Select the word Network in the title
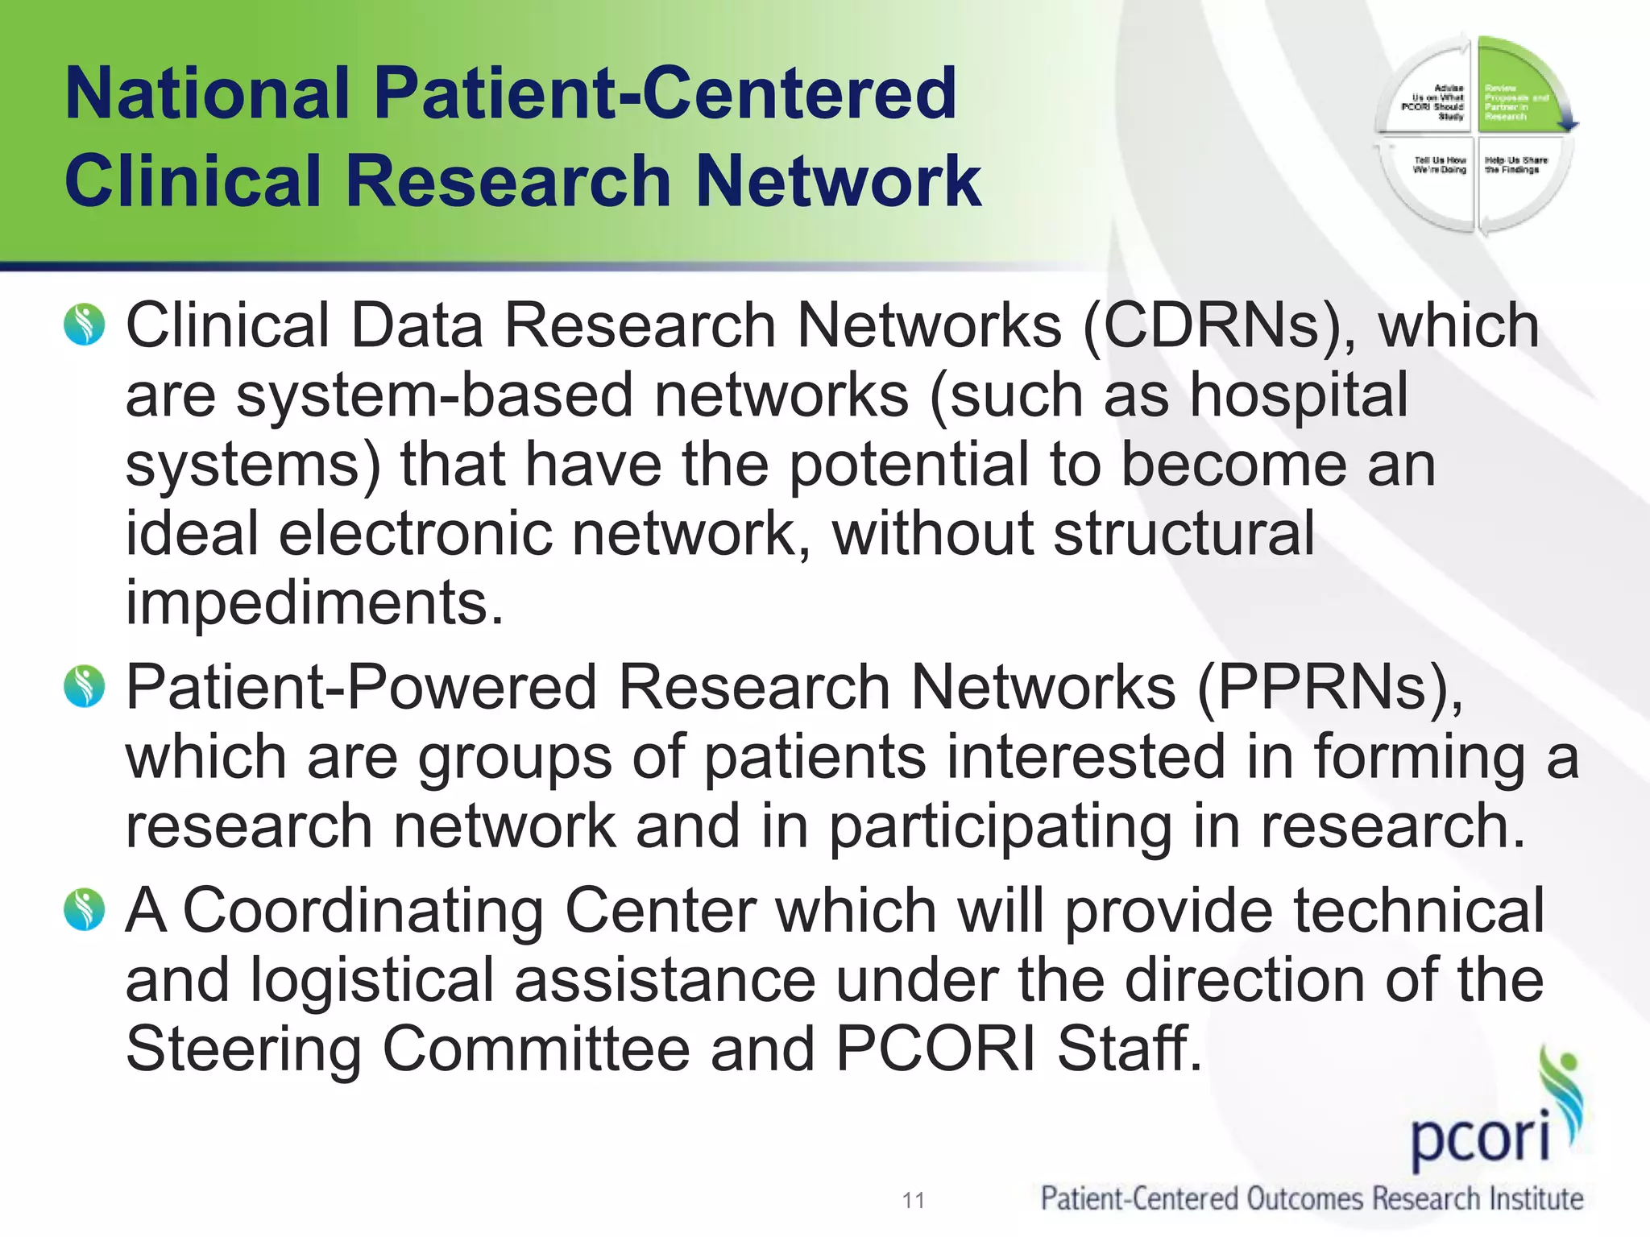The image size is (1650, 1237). (838, 182)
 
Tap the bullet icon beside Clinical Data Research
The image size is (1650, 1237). (85, 325)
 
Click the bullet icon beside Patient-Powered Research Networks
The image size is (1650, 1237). (85, 687)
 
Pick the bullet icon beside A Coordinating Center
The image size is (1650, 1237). (85, 909)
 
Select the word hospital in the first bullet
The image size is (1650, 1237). (1299, 395)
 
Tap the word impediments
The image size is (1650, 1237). (314, 604)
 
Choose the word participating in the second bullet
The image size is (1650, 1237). (1000, 828)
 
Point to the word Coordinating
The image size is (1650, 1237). (363, 911)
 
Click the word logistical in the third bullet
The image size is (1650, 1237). (371, 980)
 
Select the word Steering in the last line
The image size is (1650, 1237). (243, 1049)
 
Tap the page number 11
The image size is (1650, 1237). (914, 1201)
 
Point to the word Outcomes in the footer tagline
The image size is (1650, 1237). (1306, 1199)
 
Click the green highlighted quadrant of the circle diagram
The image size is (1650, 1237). (1519, 89)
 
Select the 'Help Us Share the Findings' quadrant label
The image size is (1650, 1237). (1515, 165)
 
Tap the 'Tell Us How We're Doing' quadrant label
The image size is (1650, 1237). (1440, 165)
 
